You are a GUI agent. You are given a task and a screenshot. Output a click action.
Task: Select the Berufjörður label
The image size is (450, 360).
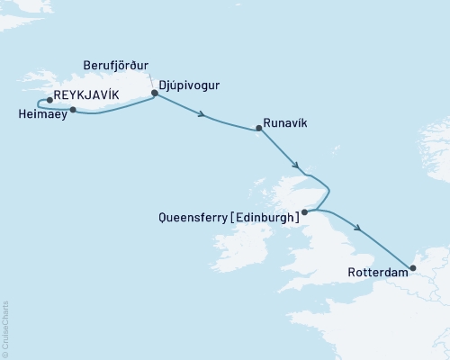115,66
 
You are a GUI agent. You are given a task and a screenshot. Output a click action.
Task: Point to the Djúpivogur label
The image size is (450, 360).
189,85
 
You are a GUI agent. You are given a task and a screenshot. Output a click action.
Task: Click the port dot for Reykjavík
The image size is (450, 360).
49,101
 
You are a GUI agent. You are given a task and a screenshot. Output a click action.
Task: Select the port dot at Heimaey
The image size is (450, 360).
72,110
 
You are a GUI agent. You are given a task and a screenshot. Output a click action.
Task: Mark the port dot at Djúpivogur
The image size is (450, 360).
155,92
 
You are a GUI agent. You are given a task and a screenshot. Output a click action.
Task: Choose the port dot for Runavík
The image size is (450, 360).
258,129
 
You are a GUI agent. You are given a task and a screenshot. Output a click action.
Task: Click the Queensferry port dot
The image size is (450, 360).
304,212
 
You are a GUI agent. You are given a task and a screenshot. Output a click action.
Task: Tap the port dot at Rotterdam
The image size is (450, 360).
413,266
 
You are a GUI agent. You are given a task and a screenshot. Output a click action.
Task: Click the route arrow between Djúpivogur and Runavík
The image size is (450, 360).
203,114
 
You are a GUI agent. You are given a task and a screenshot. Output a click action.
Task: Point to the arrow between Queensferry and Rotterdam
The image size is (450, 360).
360,229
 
